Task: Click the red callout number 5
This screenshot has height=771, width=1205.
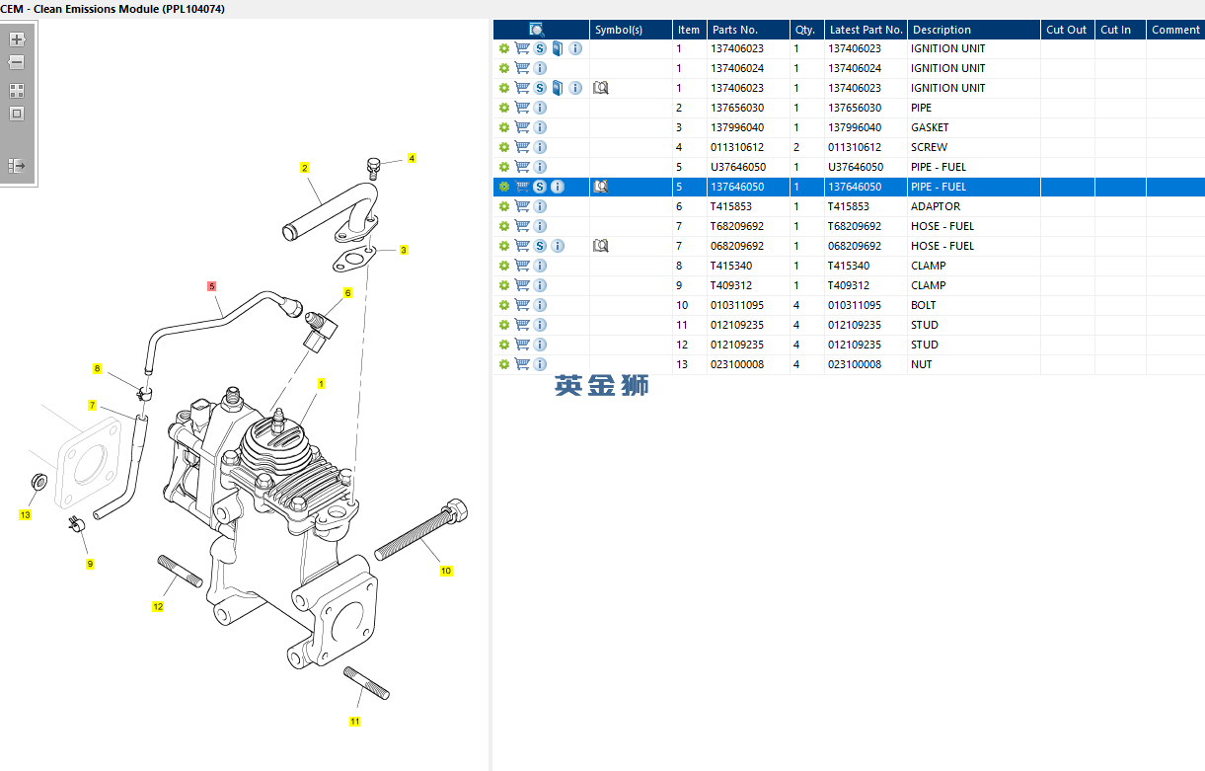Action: [x=211, y=286]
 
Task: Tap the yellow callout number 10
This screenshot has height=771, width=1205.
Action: [x=446, y=571]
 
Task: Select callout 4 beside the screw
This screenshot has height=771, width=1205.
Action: [x=412, y=158]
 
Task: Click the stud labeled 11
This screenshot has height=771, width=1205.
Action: [x=365, y=682]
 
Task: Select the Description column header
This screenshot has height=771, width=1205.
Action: [x=941, y=30]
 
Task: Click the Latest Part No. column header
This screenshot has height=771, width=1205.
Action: [x=866, y=30]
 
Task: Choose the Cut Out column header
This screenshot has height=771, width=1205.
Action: [x=1066, y=30]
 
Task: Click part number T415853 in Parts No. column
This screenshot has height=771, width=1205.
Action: [x=731, y=206]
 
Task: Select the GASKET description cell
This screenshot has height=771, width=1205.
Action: [x=930, y=127]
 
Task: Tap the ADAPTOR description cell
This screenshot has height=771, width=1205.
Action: [x=935, y=206]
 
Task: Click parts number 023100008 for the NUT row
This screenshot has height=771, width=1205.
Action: [x=736, y=364]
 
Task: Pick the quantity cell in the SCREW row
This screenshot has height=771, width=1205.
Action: [x=796, y=147]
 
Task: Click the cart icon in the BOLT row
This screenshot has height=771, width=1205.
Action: [x=522, y=305]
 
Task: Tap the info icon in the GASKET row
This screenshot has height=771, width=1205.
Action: [x=540, y=127]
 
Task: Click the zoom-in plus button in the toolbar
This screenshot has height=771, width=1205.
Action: [x=17, y=40]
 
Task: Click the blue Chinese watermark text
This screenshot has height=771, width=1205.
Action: [x=601, y=386]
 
